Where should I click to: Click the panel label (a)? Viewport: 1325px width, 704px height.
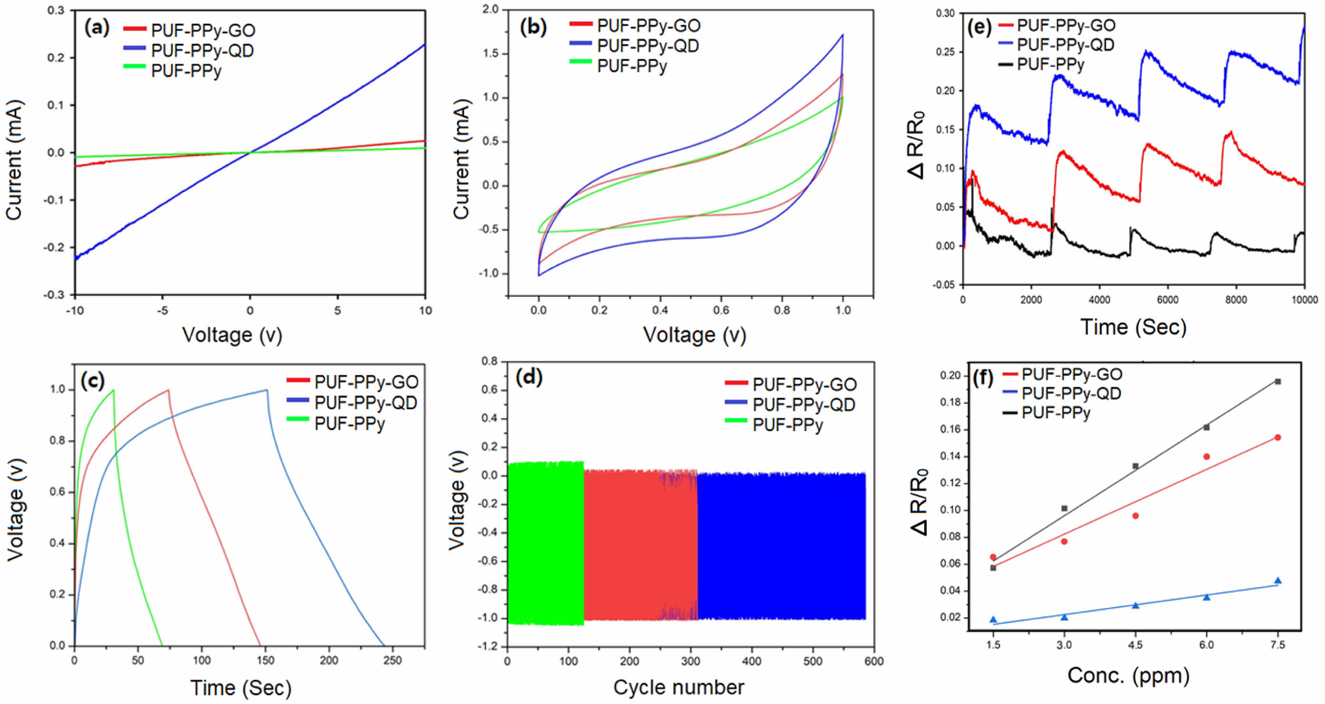(x=97, y=27)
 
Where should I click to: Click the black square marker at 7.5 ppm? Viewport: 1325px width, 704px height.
(x=1277, y=381)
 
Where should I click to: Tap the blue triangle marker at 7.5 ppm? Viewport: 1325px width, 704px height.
(x=1277, y=580)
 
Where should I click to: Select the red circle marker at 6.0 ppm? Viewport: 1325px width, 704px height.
(x=1207, y=457)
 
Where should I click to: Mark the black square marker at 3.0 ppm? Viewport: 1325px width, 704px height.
(x=1064, y=508)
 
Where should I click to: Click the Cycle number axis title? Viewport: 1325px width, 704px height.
(x=678, y=687)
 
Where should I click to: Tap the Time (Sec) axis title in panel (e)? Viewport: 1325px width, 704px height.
(x=1133, y=327)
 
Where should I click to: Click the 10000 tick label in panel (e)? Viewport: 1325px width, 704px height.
(x=1305, y=300)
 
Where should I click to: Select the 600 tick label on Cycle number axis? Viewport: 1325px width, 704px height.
(x=874, y=661)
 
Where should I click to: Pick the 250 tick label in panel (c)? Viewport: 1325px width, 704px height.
(x=392, y=660)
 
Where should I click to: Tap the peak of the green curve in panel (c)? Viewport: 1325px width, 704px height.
(x=113, y=390)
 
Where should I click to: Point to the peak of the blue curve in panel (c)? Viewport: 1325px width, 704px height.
(x=266, y=390)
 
